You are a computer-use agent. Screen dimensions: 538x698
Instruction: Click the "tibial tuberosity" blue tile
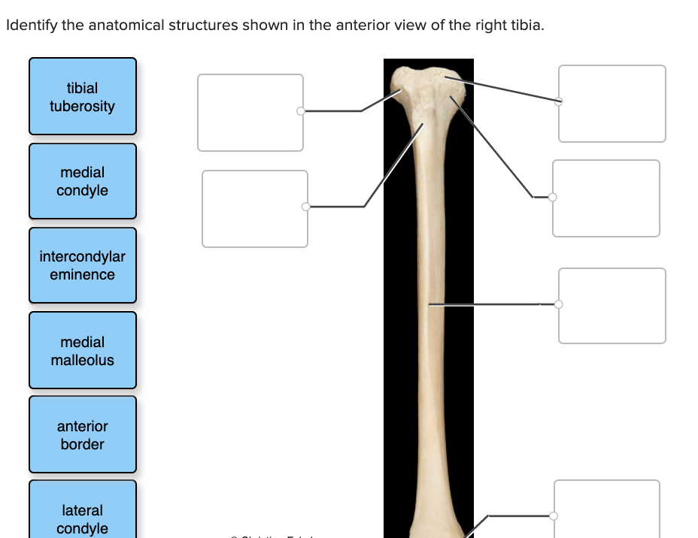pos(83,97)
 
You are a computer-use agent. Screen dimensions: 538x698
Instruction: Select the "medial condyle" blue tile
pos(83,181)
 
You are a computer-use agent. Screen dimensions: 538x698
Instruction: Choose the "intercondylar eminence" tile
pos(83,265)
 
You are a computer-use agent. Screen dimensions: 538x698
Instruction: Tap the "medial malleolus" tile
pos(83,350)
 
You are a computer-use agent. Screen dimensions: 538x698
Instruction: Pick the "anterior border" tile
pos(83,434)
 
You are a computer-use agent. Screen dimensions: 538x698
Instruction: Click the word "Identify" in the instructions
pos(32,26)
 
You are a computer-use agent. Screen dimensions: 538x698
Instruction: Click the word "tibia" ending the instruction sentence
pos(527,26)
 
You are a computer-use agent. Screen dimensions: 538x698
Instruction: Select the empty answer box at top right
pos(612,104)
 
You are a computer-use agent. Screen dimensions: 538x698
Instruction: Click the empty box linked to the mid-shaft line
pos(612,306)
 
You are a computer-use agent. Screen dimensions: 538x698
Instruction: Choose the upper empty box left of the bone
pos(250,112)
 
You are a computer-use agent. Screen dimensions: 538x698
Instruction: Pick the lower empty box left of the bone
pos(255,208)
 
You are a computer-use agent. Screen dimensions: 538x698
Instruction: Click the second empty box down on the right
pos(605,198)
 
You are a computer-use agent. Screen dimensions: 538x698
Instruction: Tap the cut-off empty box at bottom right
pos(607,509)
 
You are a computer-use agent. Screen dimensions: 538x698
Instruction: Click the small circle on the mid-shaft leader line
pos(558,304)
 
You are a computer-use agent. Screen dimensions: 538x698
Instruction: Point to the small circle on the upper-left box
pos(301,111)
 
